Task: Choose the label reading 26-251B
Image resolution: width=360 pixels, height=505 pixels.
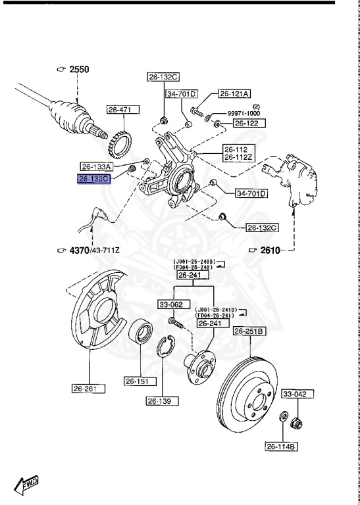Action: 249,331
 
